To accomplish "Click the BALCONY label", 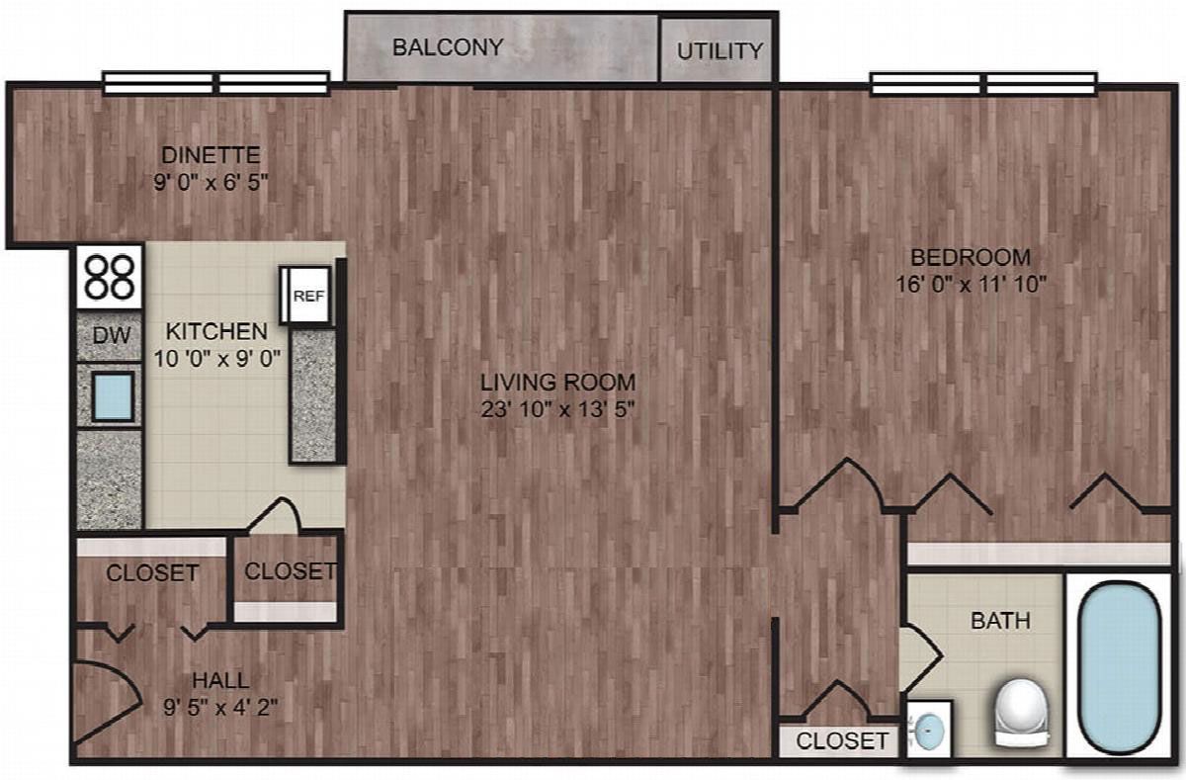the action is pyautogui.click(x=448, y=47).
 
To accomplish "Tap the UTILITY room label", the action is pyautogui.click(x=720, y=51).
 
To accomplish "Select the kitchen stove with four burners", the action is pyautogui.click(x=110, y=277).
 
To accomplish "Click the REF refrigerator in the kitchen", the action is pyautogui.click(x=306, y=295).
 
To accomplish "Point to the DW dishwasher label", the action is pyautogui.click(x=111, y=335).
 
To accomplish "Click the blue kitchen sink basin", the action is pyautogui.click(x=113, y=396).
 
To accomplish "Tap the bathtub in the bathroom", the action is pyautogui.click(x=1119, y=666).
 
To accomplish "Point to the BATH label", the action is pyautogui.click(x=1000, y=621).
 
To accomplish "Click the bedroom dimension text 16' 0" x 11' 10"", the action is pyautogui.click(x=971, y=285).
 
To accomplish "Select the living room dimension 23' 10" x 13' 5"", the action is pyautogui.click(x=557, y=410).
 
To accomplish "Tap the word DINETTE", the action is pyautogui.click(x=211, y=155).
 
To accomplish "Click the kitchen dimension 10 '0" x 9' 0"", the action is pyautogui.click(x=217, y=359).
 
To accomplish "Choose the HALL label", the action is pyautogui.click(x=220, y=680).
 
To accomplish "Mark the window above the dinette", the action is pyautogui.click(x=216, y=84).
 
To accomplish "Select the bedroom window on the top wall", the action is pyautogui.click(x=984, y=84).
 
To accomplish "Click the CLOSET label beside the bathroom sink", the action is pyautogui.click(x=842, y=741).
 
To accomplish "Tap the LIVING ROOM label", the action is pyautogui.click(x=558, y=383).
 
